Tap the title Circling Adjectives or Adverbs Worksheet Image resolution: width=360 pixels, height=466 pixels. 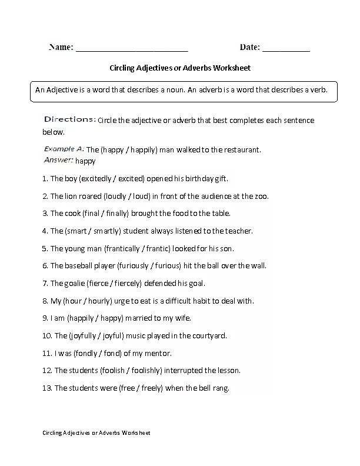(180, 68)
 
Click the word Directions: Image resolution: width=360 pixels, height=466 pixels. (70, 119)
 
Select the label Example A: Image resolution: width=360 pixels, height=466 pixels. (64, 149)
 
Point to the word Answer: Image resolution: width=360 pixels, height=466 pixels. (58, 159)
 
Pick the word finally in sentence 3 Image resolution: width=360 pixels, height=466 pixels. (116, 214)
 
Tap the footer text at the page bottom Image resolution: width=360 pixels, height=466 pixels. (96, 433)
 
